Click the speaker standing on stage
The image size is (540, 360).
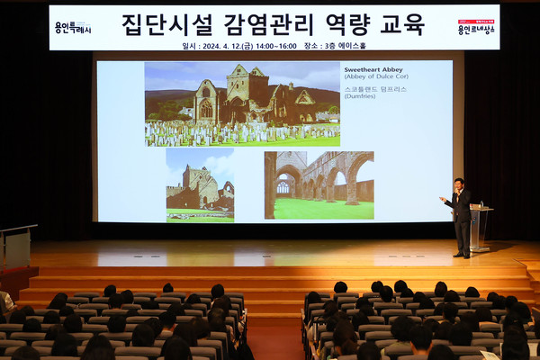tap(461, 217)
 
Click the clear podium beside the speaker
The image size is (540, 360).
tap(479, 227)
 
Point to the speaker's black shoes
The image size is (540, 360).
tap(461, 255)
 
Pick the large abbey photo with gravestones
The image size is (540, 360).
tap(242, 103)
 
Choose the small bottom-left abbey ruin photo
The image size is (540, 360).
tap(200, 185)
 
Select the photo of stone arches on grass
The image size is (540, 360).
tap(319, 185)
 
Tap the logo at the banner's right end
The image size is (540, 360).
tap(475, 27)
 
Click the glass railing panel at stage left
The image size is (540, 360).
tap(16, 247)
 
